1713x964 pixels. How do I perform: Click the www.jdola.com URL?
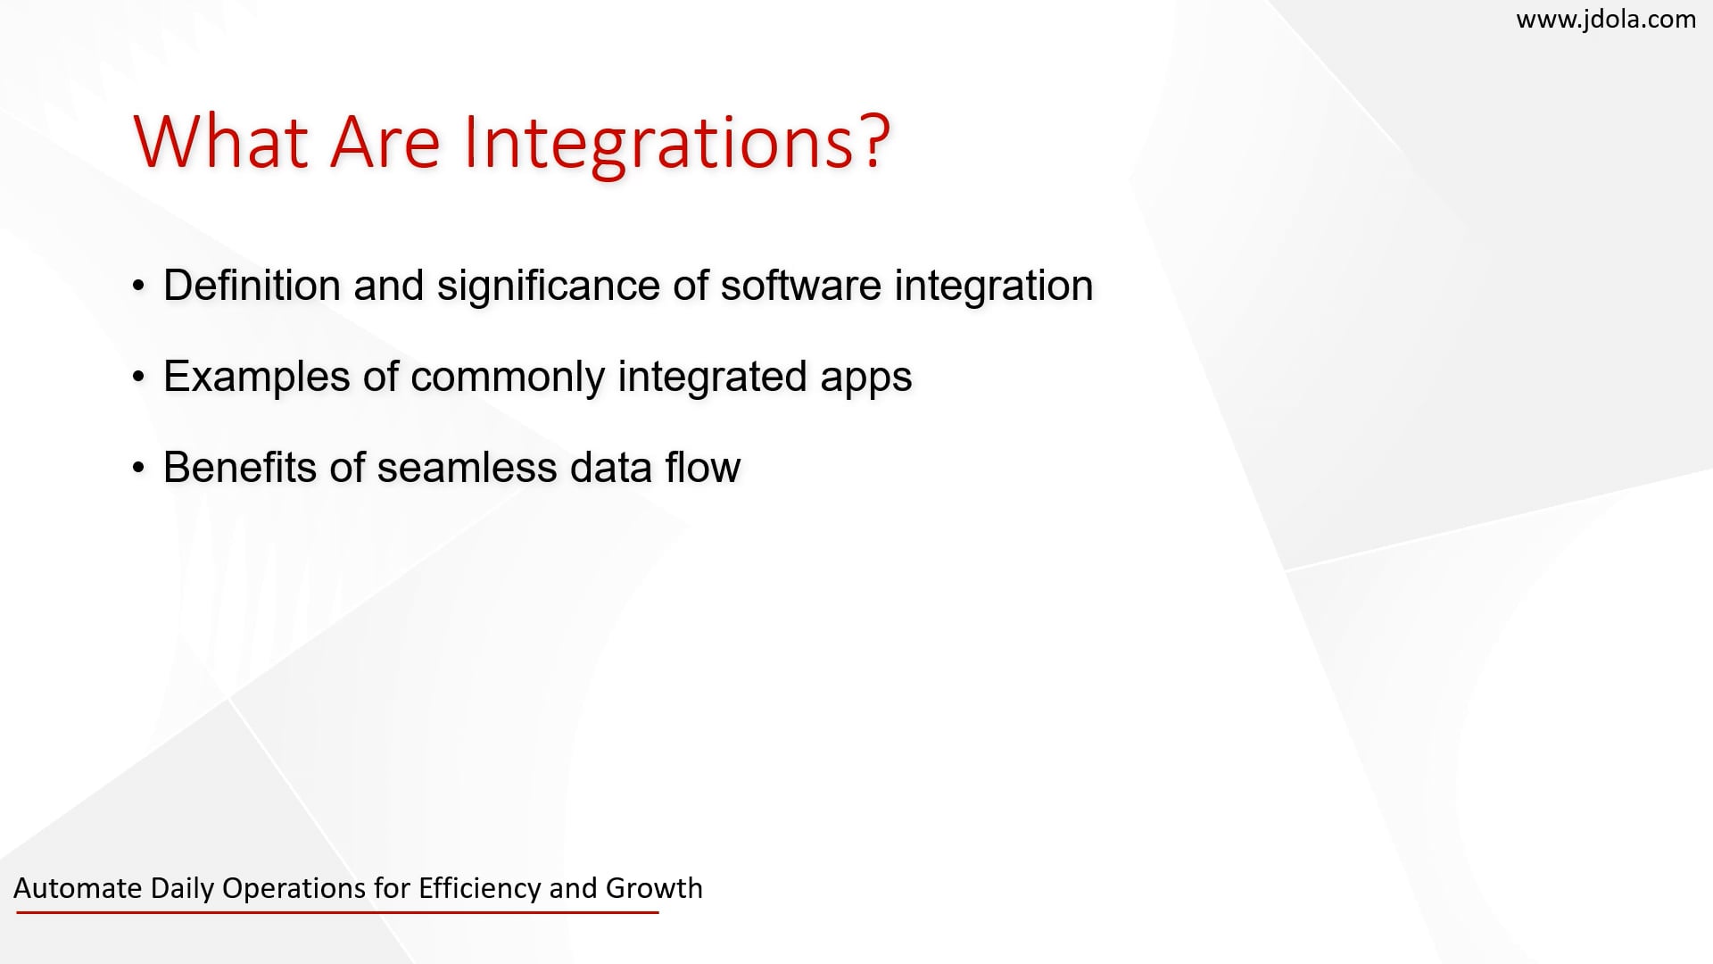coord(1606,19)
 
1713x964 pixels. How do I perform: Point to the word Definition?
coord(252,286)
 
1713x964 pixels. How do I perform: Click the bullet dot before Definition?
coord(138,287)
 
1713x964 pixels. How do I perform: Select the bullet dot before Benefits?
coord(138,468)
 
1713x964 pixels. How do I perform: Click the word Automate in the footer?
coord(78,888)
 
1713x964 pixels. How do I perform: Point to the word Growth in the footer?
coord(654,888)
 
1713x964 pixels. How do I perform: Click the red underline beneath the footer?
coord(337,912)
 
